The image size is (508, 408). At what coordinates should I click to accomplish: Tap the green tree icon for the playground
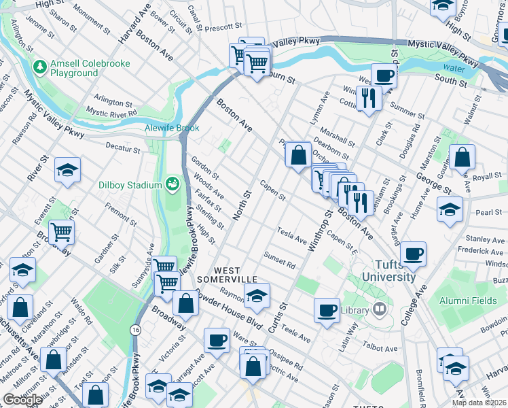(x=39, y=67)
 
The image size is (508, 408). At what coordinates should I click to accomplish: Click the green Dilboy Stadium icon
(x=173, y=184)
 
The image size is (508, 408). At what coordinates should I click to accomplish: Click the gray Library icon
(x=380, y=309)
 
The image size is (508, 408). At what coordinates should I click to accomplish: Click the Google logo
(x=22, y=400)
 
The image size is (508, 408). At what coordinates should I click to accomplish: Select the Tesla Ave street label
(x=293, y=235)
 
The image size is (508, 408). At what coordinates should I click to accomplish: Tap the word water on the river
(x=454, y=68)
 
